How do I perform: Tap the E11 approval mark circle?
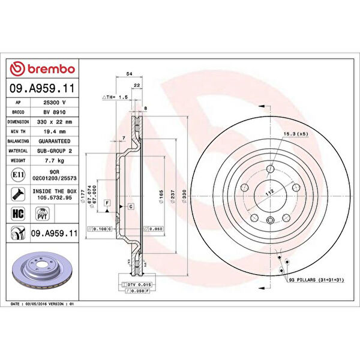pyautogui.click(x=18, y=175)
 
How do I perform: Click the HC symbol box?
pyautogui.click(x=18, y=212)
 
